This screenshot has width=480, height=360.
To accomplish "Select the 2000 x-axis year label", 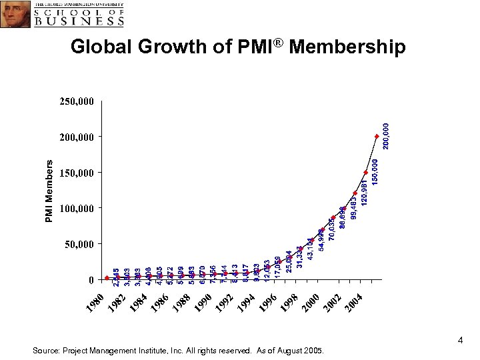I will pos(310,301).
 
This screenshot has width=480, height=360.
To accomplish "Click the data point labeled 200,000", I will pos(377,137).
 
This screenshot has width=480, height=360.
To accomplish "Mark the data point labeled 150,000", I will pos(366,173).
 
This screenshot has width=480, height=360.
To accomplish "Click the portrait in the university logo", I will pos(15,14).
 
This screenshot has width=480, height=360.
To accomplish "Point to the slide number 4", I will pos(460,341).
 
